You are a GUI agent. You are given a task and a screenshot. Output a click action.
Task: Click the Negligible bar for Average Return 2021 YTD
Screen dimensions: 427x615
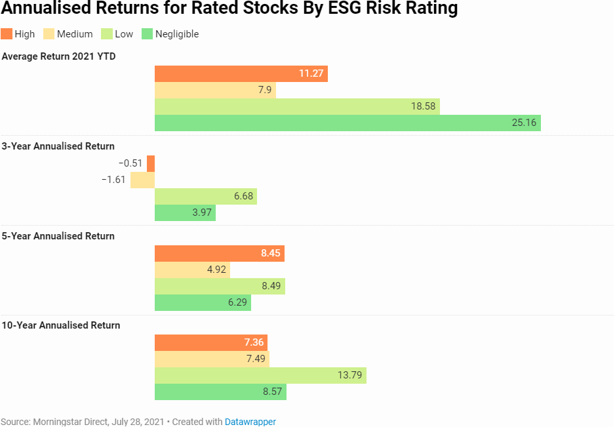[347, 123]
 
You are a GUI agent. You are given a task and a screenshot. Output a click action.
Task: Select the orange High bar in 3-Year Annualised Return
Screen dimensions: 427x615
[151, 163]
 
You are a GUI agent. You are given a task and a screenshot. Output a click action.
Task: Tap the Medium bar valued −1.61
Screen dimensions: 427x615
[142, 180]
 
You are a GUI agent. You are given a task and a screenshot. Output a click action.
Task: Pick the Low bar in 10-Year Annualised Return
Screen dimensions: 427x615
[260, 375]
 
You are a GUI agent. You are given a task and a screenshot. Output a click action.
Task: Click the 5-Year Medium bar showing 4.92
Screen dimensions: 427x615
[192, 270]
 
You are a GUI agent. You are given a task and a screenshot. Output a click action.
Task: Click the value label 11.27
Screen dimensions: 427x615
[311, 73]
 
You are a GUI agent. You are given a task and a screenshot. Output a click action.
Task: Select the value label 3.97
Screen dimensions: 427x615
[199, 213]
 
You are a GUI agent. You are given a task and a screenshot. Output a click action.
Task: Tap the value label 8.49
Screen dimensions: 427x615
[269, 286]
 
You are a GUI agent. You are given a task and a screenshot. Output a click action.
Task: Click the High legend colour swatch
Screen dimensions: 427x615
[7, 34]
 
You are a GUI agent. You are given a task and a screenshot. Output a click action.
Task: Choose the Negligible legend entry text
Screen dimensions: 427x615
[176, 34]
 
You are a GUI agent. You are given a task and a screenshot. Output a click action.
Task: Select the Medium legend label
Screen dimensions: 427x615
[75, 34]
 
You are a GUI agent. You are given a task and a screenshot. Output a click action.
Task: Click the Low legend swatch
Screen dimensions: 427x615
[107, 34]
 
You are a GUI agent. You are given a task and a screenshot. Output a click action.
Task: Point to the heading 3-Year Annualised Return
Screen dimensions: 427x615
[58, 146]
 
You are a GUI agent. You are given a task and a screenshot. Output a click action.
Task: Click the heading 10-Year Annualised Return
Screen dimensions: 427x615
[61, 325]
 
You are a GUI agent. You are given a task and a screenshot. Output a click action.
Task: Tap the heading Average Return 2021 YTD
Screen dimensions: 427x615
[59, 56]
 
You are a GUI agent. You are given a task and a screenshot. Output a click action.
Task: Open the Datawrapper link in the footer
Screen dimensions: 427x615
[250, 422]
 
